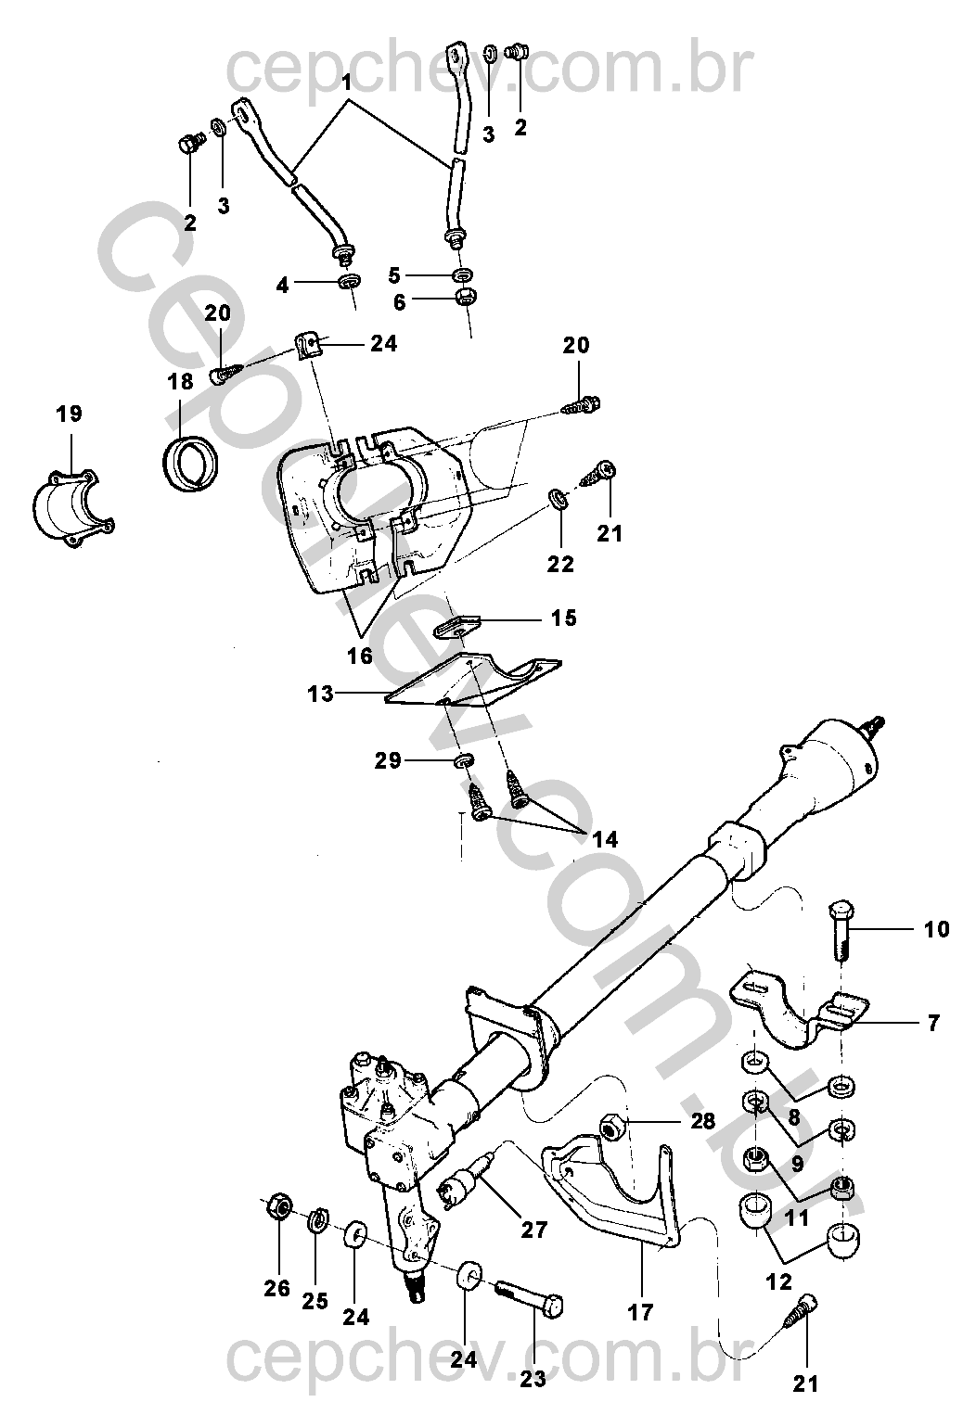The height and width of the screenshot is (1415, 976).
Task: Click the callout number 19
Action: click(x=69, y=414)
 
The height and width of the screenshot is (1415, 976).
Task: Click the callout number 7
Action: click(x=933, y=1023)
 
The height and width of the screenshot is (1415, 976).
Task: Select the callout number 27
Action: click(x=534, y=1230)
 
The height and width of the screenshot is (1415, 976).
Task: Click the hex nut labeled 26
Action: click(x=277, y=1208)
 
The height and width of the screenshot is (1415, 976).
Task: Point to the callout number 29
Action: click(x=388, y=761)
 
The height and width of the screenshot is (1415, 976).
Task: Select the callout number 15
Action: click(x=564, y=618)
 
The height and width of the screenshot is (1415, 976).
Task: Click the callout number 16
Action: click(x=360, y=656)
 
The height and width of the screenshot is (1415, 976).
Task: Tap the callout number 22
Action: click(x=560, y=564)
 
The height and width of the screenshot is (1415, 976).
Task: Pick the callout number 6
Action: click(x=399, y=302)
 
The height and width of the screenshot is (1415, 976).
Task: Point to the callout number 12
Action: click(x=779, y=1282)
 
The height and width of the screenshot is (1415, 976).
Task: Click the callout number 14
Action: click(x=605, y=840)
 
